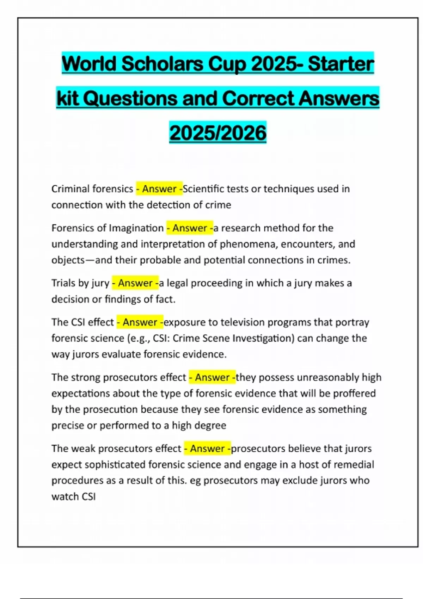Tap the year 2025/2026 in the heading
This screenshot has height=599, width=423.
pos(218,133)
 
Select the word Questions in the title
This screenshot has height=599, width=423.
pos(130,98)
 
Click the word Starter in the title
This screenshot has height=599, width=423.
pos(341,64)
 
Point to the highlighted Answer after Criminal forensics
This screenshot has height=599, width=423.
pos(159,189)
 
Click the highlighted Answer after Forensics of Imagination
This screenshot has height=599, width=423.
pos(190,228)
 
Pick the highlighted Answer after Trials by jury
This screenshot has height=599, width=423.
pos(135,283)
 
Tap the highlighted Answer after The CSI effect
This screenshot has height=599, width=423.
pos(140,322)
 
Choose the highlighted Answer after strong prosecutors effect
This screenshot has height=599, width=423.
pos(212,377)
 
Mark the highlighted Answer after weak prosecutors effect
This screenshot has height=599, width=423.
pos(207,449)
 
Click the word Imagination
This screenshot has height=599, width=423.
pos(136,228)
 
